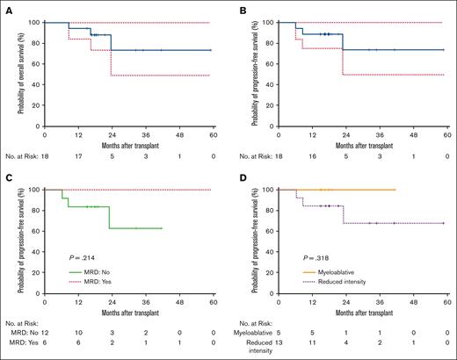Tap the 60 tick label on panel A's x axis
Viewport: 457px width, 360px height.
[211, 137]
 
